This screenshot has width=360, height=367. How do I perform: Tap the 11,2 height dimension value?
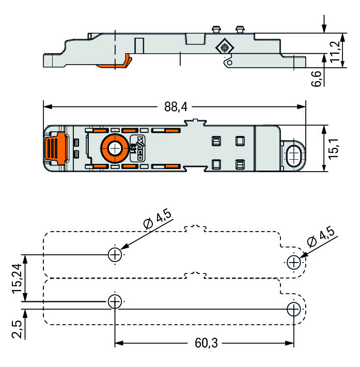(x=336, y=51)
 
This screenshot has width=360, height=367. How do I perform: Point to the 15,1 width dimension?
(x=336, y=148)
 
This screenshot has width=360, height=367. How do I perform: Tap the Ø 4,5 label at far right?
(x=320, y=235)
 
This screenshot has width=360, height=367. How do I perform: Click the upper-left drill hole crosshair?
(x=115, y=254)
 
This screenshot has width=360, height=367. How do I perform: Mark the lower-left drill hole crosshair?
(x=115, y=301)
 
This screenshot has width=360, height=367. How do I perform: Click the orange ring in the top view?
(x=113, y=148)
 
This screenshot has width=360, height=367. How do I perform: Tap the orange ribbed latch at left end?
(x=53, y=148)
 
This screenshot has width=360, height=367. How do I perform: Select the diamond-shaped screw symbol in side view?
(x=225, y=48)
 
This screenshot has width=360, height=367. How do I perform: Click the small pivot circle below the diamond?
(x=229, y=62)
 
